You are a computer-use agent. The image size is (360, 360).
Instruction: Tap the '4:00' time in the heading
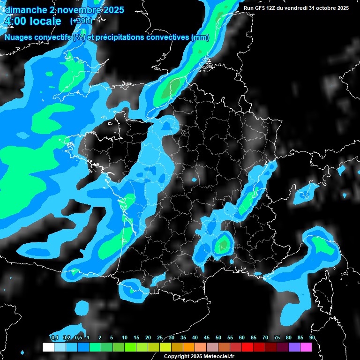15,22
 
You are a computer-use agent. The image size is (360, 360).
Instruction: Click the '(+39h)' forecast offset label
81,21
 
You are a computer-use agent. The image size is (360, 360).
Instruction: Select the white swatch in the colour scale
48,347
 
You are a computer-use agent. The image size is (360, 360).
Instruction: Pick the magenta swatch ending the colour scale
306,347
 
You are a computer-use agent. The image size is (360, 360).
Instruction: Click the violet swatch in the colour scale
294,347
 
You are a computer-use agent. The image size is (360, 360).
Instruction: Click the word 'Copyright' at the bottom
176,357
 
